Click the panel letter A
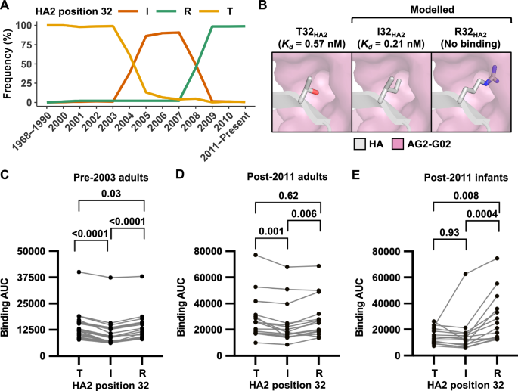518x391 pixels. pos(6,7)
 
